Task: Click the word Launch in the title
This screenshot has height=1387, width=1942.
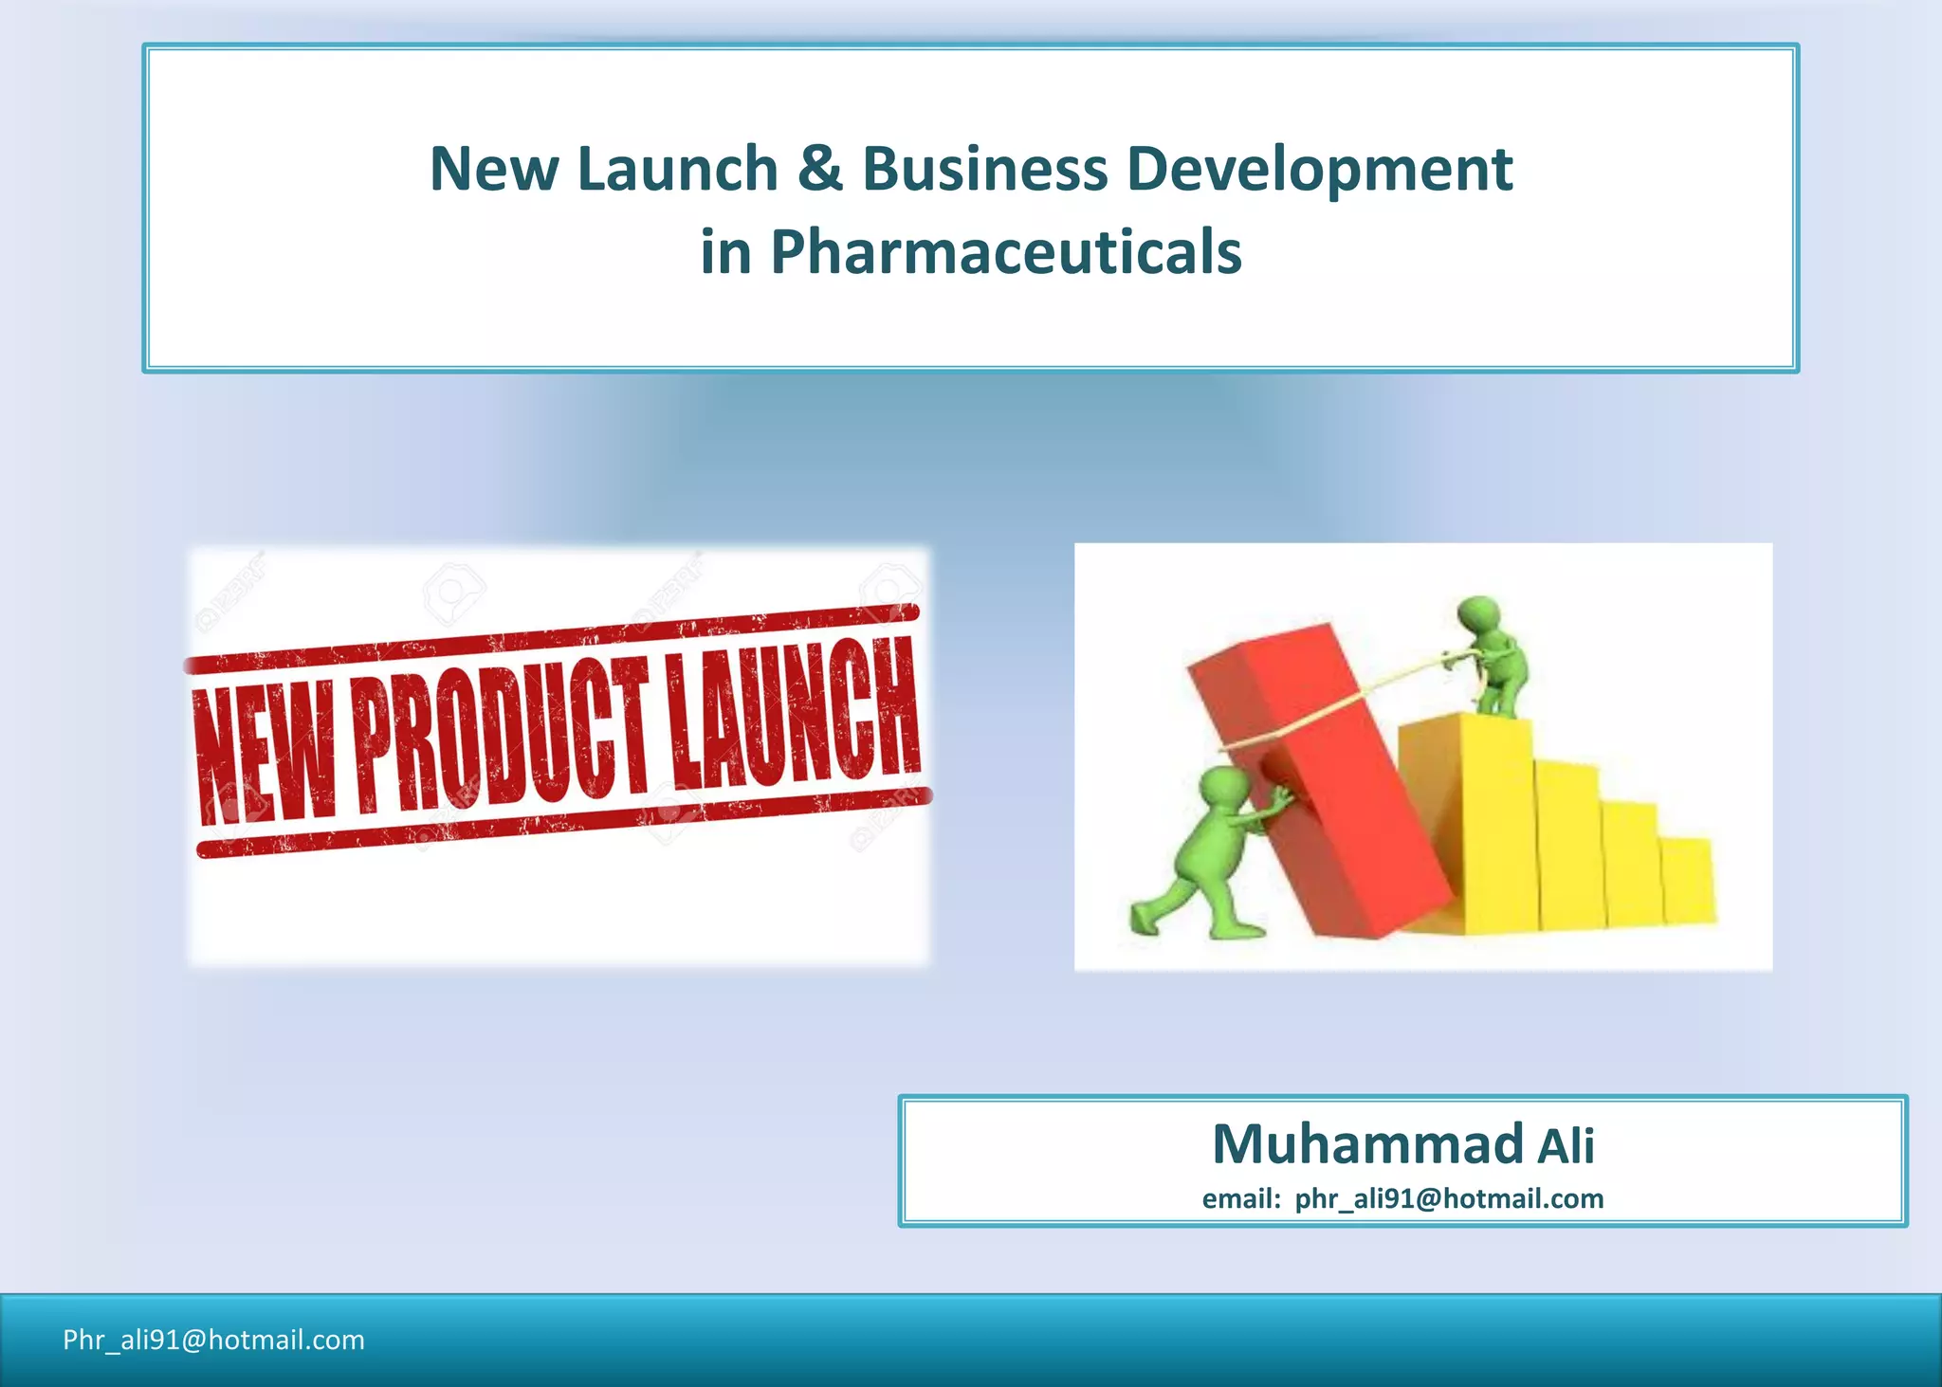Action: tap(677, 169)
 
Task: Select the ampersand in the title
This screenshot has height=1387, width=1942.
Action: tap(820, 169)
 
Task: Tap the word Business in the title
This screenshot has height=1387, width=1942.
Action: tap(984, 169)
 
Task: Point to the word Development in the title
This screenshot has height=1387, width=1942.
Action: tap(1319, 169)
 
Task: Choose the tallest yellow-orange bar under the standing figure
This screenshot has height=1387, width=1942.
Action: tap(1465, 820)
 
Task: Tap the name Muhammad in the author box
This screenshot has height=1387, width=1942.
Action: tap(1367, 1143)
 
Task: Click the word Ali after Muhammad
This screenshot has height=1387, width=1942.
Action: tap(1566, 1146)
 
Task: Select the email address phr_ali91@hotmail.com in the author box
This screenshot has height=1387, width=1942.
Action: tap(1449, 1199)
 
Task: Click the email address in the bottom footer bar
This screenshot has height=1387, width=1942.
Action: tap(213, 1340)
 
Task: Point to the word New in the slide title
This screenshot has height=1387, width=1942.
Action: tap(494, 169)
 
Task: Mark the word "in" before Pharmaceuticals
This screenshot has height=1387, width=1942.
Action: tap(724, 252)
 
